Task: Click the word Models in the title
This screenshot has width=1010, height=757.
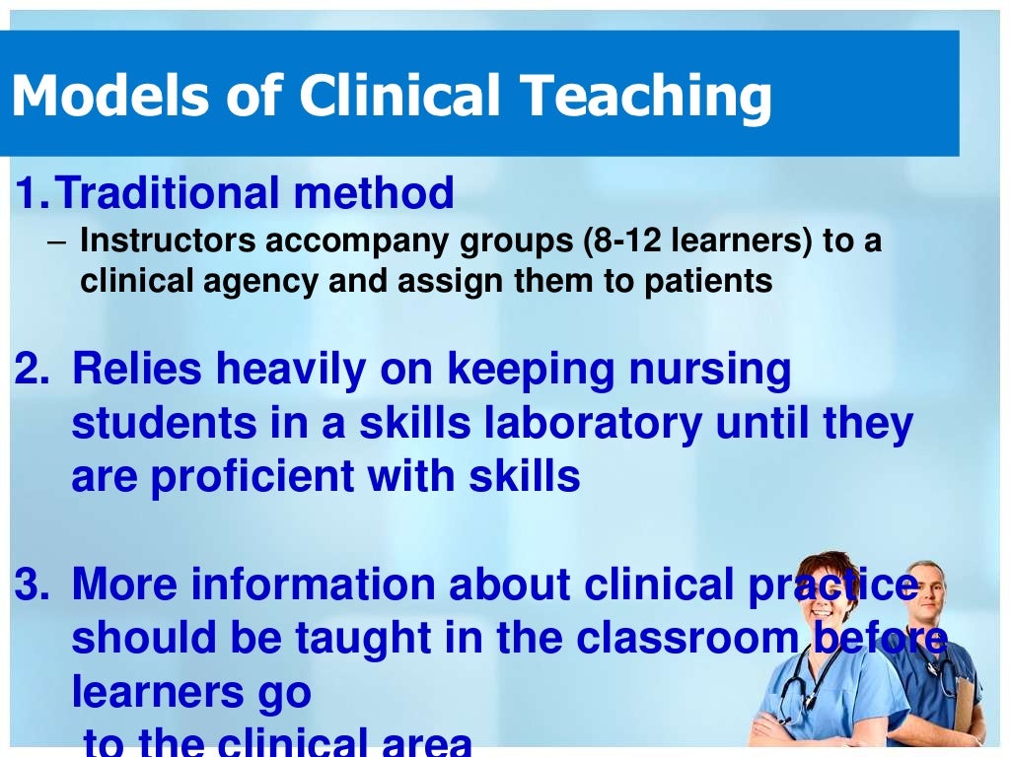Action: click(x=103, y=96)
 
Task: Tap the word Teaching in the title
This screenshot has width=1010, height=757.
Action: click(x=646, y=96)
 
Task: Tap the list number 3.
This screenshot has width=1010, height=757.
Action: click(x=29, y=585)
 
